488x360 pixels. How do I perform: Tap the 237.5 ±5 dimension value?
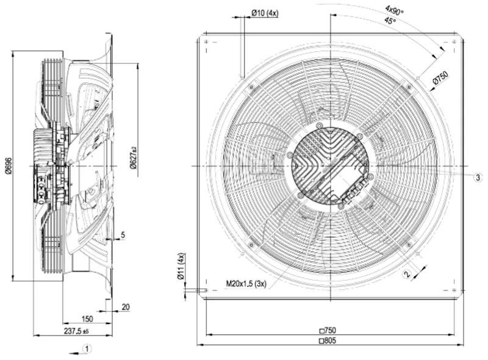tap(77, 331)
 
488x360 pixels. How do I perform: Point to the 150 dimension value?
tap(87, 319)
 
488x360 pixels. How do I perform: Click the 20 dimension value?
tap(126, 308)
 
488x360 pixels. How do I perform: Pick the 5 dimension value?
tap(123, 235)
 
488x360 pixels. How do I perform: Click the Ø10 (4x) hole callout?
tap(265, 13)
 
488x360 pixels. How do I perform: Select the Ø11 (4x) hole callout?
tap(181, 266)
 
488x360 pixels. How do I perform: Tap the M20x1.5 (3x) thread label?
tap(246, 284)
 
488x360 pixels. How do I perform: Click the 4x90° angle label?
tap(394, 10)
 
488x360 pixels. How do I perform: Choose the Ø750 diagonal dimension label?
tap(440, 77)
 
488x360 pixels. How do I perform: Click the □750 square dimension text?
tap(328, 330)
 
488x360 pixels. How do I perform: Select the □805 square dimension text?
tap(328, 340)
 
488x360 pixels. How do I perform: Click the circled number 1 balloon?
tap(87, 348)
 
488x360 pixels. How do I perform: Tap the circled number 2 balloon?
tap(407, 275)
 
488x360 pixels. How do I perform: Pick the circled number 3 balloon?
tap(478, 178)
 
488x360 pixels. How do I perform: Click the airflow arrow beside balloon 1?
tap(75, 353)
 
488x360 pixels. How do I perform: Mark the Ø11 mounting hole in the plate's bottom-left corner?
tap(206, 290)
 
